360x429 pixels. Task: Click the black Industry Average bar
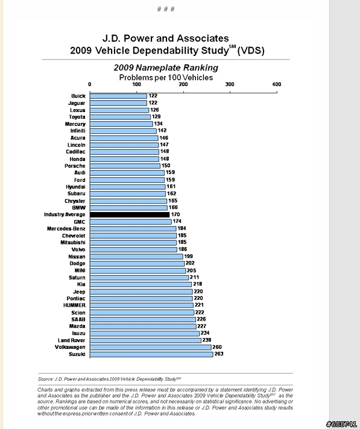coord(130,214)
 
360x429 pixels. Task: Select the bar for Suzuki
coord(151,354)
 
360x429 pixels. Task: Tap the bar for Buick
coord(118,96)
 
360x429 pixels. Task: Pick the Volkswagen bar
coord(151,348)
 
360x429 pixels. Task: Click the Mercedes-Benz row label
coord(66,229)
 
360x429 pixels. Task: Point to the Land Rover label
coord(71,340)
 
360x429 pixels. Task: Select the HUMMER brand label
coord(74,305)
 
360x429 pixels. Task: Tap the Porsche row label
coord(75,166)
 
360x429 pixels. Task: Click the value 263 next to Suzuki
coord(219,354)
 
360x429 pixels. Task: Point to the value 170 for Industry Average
coord(175,214)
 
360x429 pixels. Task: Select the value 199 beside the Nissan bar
coord(188,256)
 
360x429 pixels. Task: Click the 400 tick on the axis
coord(277,84)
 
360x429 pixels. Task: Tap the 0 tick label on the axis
coord(89,84)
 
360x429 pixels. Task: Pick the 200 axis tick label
coord(183,84)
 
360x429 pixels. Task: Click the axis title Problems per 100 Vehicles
coord(166,78)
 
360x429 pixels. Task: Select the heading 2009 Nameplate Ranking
coord(166,67)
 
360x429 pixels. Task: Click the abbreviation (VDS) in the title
coord(251,51)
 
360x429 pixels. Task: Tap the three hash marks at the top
coord(166,9)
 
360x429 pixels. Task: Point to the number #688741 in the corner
coord(342,424)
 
